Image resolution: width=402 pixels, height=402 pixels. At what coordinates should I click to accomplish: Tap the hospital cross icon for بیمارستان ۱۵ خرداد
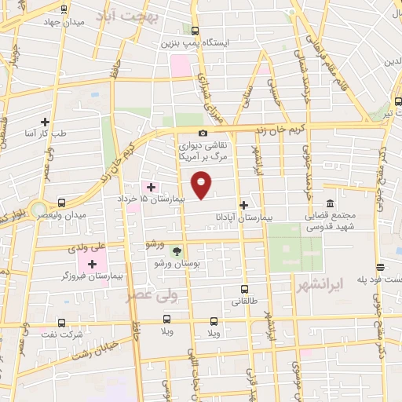click(152, 187)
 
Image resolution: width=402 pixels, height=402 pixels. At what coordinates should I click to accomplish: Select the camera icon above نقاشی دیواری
click(203, 133)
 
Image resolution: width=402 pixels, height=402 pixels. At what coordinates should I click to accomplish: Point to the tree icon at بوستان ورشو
click(176, 251)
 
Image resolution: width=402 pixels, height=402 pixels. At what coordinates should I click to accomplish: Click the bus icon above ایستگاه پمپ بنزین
click(195, 32)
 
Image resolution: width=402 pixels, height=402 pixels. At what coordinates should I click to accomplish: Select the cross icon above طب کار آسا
click(45, 122)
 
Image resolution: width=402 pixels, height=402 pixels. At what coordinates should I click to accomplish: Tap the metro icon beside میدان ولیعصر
click(38, 208)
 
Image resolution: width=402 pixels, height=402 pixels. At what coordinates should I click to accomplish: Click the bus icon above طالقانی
click(244, 289)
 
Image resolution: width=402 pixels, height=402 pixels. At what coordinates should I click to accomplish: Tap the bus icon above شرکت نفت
click(61, 322)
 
